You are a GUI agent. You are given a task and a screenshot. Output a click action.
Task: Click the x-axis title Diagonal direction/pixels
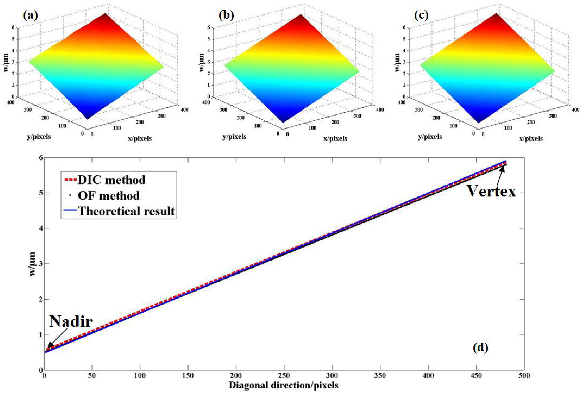[x=284, y=385]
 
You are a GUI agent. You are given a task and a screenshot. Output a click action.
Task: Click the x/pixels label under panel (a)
[x=140, y=138]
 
